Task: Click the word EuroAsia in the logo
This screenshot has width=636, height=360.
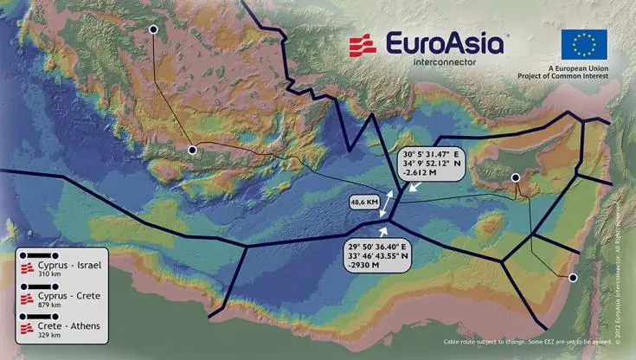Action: [444, 43]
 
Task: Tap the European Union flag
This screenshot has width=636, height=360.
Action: [583, 44]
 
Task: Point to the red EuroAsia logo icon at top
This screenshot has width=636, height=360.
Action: [362, 45]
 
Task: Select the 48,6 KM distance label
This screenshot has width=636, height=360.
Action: [363, 202]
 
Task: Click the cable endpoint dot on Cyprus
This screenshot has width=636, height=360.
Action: [515, 177]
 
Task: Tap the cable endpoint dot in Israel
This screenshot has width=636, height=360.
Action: [572, 277]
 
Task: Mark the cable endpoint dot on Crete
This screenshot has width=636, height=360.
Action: [193, 150]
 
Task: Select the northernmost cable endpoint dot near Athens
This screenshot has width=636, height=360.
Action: [153, 29]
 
